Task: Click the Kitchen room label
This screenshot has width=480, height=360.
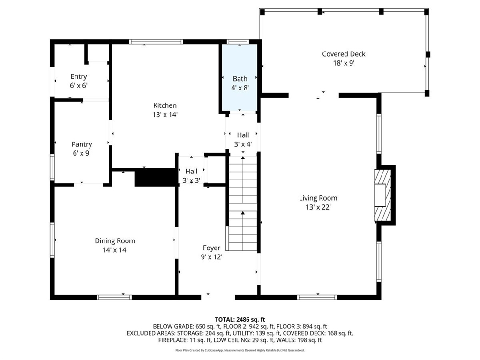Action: click(165, 105)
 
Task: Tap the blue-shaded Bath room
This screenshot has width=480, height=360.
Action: click(240, 77)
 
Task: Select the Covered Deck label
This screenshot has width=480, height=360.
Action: click(344, 54)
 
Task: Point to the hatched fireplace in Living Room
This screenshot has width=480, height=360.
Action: click(382, 195)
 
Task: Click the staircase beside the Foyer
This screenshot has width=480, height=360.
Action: click(243, 203)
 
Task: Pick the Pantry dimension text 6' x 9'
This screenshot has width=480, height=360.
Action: click(82, 153)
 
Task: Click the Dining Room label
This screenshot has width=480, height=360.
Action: click(115, 241)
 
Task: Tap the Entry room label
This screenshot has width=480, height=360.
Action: click(79, 76)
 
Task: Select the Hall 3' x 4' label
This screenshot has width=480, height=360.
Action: click(243, 140)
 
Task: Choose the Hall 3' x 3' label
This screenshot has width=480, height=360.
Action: click(191, 176)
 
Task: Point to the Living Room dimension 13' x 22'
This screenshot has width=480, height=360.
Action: click(318, 207)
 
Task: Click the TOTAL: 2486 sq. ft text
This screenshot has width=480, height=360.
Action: click(240, 320)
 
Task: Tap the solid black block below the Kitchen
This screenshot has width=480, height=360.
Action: click(157, 177)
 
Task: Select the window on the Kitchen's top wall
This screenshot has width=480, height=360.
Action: click(156, 42)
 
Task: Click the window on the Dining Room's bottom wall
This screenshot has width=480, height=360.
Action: click(114, 297)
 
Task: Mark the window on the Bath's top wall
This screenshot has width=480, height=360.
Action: click(238, 42)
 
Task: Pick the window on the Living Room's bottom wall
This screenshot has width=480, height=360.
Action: click(317, 297)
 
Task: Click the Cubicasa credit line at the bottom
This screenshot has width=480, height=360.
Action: click(240, 350)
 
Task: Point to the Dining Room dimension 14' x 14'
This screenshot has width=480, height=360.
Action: click(115, 250)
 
